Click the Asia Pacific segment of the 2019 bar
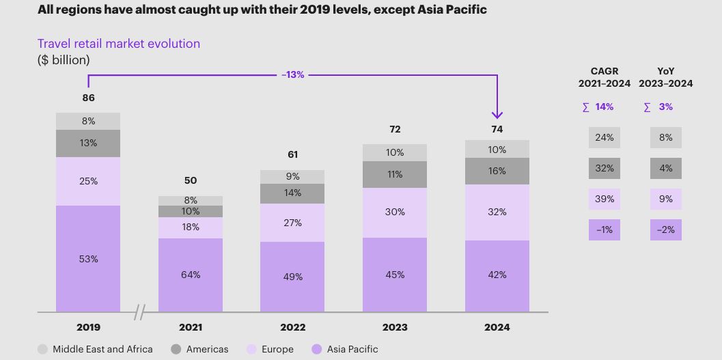pos(88,259)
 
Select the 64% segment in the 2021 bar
pos(191,275)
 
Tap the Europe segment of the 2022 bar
pos(292,223)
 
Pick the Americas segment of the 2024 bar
pos(497,171)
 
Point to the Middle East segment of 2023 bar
pos(395,152)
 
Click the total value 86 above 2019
pos(88,98)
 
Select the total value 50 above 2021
pos(191,180)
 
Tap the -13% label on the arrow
pos(292,74)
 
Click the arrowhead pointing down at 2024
pos(497,114)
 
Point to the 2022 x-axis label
pos(292,327)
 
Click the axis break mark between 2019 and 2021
pos(139,313)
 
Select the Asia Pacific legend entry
pos(345,349)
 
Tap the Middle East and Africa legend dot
pos(42,349)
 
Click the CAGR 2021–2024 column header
pos(604,77)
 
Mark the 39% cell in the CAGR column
pos(604,199)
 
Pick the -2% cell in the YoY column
pos(665,230)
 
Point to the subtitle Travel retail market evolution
pos(119,44)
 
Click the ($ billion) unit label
pos(64,60)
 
